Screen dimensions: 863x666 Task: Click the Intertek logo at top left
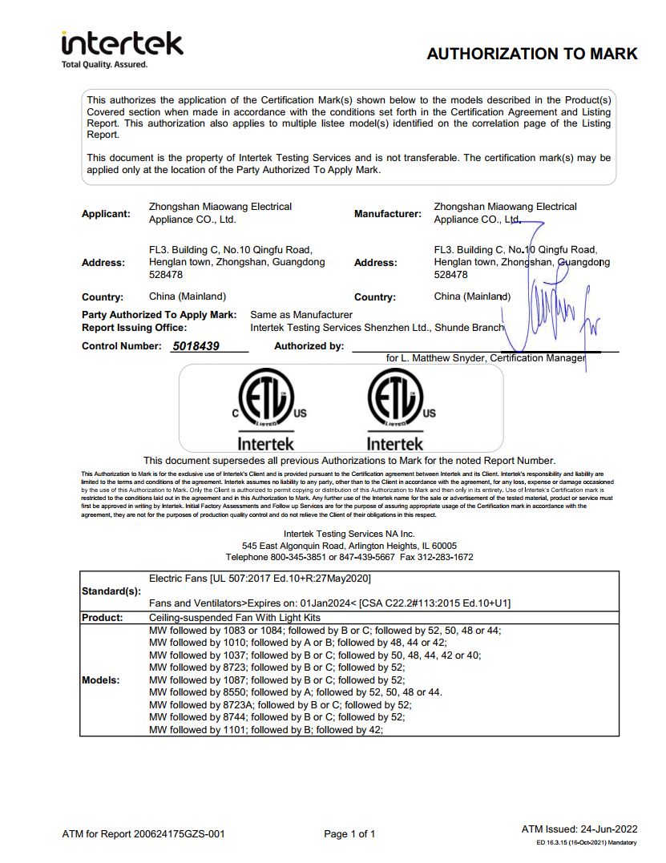(122, 44)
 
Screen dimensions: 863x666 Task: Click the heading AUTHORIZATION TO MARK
(531, 54)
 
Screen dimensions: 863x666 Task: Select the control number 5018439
(196, 346)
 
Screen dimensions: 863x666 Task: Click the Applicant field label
(106, 214)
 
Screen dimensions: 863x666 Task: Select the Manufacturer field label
(387, 214)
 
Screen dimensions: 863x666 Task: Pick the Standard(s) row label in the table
(111, 591)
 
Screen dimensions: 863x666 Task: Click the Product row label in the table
(102, 618)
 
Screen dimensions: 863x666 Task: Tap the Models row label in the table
(101, 680)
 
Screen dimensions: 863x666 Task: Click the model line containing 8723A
(281, 704)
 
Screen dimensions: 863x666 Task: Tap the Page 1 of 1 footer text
(349, 834)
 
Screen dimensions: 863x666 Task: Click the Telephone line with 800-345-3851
(349, 556)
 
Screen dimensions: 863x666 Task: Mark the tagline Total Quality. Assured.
(105, 64)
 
